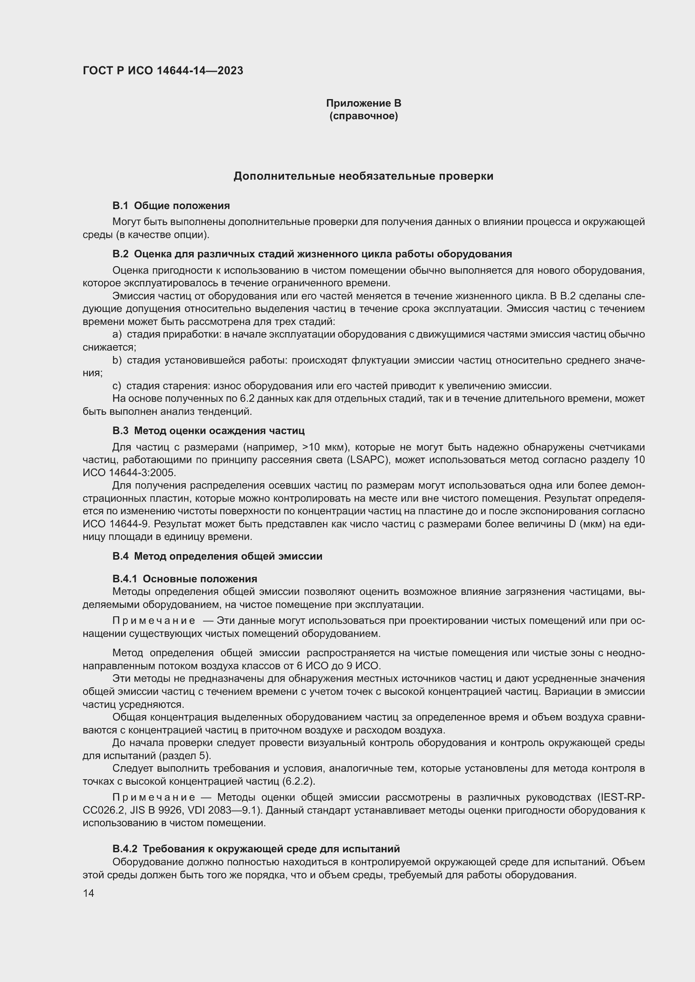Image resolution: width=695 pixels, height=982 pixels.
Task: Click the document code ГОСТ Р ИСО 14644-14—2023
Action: (x=163, y=71)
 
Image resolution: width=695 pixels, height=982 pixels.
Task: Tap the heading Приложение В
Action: (x=363, y=103)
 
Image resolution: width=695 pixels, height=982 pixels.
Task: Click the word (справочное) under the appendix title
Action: (x=363, y=116)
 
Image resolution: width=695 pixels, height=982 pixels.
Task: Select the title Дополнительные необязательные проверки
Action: (x=363, y=176)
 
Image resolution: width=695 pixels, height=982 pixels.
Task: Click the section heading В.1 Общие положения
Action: (x=171, y=206)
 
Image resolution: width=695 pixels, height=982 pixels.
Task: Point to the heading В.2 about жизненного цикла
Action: (x=312, y=254)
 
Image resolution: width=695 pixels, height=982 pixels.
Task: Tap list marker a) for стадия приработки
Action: (x=117, y=335)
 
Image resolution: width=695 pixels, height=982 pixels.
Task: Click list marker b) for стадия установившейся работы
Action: (x=117, y=360)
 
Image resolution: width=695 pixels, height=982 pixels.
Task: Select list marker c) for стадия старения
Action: (x=117, y=386)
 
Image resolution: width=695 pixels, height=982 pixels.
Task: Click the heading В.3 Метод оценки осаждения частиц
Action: (x=208, y=431)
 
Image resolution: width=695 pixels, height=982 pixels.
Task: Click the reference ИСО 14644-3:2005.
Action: (x=129, y=473)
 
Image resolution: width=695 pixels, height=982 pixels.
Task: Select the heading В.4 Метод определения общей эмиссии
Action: (x=217, y=556)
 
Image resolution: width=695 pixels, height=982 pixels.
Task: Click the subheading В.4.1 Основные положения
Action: (x=184, y=579)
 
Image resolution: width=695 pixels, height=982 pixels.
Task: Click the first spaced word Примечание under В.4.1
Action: (x=154, y=621)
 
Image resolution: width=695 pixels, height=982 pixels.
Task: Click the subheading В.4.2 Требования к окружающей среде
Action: (x=256, y=848)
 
